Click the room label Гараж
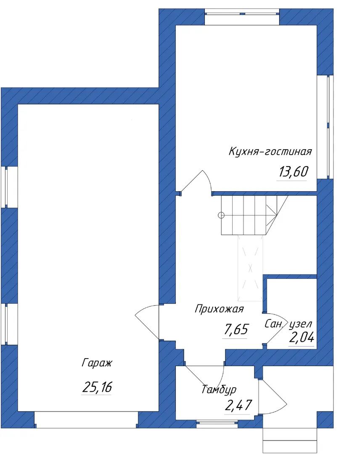[x=97, y=363]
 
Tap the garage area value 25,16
[x=97, y=387]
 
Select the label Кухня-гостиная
[x=270, y=151]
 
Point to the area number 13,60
[x=294, y=172]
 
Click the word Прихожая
[x=219, y=309]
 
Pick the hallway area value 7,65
[x=236, y=330]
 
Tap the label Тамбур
[x=219, y=389]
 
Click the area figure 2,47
[x=238, y=405]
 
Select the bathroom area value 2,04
[x=302, y=337]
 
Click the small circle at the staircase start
[x=221, y=215]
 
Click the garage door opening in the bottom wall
[x=86, y=420]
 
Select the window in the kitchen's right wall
[x=325, y=127]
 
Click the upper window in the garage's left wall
[x=9, y=187]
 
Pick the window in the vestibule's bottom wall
[x=217, y=424]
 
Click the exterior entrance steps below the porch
[x=290, y=441]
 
